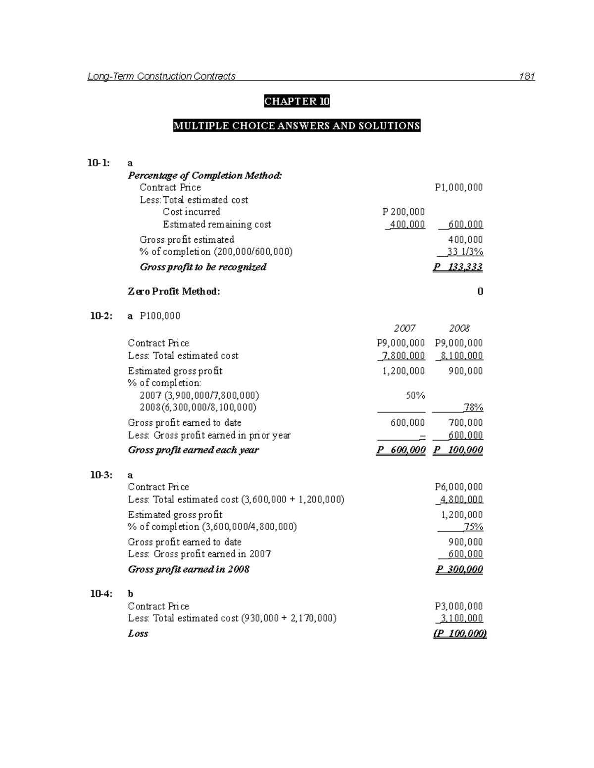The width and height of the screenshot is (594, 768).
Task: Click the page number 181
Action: point(527,76)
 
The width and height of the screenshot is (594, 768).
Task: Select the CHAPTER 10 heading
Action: point(297,101)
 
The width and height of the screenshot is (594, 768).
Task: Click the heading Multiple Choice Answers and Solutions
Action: point(297,126)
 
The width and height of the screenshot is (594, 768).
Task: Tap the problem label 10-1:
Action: point(99,163)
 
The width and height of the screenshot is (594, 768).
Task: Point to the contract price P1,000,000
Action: point(458,187)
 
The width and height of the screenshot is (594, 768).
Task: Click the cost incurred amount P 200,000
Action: point(403,212)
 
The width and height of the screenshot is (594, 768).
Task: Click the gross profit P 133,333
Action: point(458,267)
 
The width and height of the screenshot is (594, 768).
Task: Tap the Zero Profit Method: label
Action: point(174,291)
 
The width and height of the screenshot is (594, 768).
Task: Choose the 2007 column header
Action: point(404,328)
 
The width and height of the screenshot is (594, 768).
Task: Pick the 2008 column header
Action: point(459,328)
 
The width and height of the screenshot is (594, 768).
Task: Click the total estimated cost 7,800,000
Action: point(403,356)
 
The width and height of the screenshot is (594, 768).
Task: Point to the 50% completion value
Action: point(415,396)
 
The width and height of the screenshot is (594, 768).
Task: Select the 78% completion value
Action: point(473,407)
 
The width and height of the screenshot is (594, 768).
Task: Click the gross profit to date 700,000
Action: point(465,423)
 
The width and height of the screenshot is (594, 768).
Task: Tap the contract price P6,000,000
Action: point(458,487)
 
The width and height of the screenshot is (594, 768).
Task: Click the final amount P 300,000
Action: point(459,569)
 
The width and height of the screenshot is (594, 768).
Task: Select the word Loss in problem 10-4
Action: point(138,633)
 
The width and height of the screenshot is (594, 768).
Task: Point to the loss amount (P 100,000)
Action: point(460,633)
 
